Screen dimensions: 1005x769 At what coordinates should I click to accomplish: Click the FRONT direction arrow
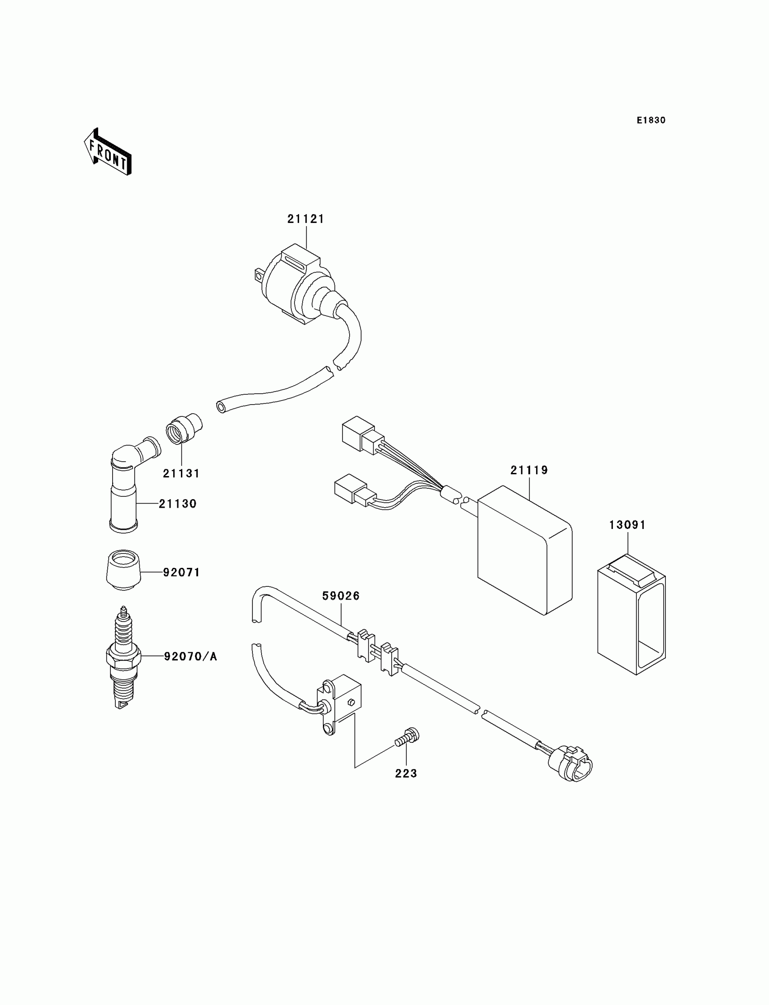click(x=108, y=152)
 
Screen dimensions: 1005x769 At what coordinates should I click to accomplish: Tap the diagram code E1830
click(x=651, y=120)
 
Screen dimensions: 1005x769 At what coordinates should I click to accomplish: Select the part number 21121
click(x=306, y=219)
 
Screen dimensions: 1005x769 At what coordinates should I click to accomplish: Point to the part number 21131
click(x=181, y=473)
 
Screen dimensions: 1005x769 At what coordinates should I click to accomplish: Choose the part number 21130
click(x=178, y=504)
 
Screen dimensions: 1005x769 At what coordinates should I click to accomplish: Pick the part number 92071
click(x=182, y=572)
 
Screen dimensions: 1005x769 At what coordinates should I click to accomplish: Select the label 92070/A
click(x=190, y=656)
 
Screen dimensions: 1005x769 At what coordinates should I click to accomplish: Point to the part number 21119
click(x=529, y=470)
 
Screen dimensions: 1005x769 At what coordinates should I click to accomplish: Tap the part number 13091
click(x=627, y=525)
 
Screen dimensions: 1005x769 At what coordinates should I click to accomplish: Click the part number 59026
click(x=341, y=595)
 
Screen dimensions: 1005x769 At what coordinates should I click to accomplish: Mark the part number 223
click(x=406, y=774)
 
